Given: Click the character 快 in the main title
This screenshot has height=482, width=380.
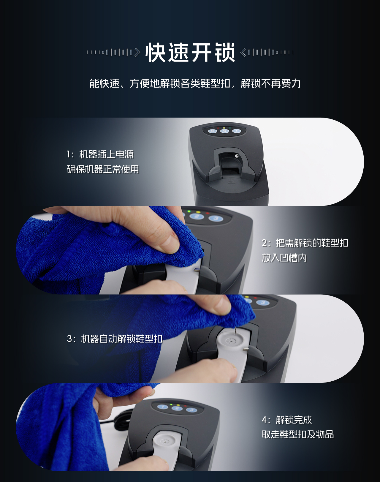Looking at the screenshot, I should pyautogui.click(x=156, y=53).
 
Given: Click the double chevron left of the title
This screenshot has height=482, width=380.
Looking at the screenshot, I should pyautogui.click(x=137, y=53).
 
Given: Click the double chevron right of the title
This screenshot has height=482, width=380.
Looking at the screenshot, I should pyautogui.click(x=243, y=53).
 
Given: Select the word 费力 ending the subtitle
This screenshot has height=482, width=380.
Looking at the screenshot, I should pyautogui.click(x=291, y=83).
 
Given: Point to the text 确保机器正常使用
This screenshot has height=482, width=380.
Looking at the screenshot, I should pyautogui.click(x=103, y=169).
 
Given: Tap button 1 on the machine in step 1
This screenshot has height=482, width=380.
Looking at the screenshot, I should pyautogui.click(x=237, y=131).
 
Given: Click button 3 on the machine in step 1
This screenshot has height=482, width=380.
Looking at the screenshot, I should pyautogui.click(x=213, y=131).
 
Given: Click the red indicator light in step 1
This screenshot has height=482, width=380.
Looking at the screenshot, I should pyautogui.click(x=218, y=128).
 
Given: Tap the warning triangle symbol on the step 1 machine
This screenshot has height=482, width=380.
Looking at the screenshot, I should pyautogui.click(x=231, y=181).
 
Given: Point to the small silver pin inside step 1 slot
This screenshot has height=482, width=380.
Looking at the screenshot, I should pyautogui.click(x=236, y=156).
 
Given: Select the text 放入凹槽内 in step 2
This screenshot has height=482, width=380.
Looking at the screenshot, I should pyautogui.click(x=284, y=258).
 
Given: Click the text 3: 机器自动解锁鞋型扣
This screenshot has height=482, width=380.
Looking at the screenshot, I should pyautogui.click(x=114, y=339).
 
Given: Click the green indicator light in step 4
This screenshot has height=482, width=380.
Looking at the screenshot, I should pyautogui.click(x=171, y=404).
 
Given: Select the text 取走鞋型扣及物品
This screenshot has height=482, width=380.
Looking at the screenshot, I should pyautogui.click(x=297, y=434).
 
